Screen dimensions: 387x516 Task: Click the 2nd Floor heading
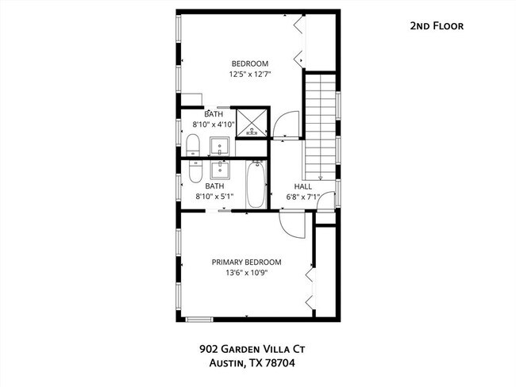436,26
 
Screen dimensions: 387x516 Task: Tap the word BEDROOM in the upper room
249,64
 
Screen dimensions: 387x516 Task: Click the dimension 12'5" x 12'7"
249,76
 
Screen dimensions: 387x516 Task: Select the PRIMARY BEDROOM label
246,262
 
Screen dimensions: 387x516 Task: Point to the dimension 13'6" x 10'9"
246,274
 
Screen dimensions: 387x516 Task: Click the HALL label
303,186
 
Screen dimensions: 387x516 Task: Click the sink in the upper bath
220,146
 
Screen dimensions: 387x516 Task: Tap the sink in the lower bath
220,169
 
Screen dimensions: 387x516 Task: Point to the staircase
321,123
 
